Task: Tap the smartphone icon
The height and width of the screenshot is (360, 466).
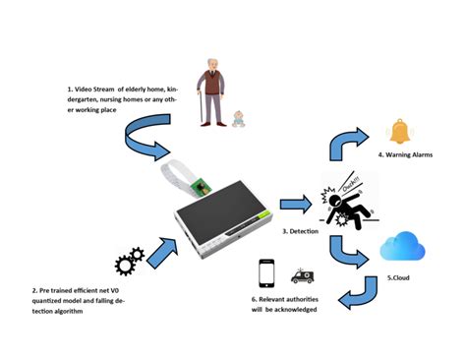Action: (265, 271)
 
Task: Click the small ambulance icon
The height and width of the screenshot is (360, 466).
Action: (299, 277)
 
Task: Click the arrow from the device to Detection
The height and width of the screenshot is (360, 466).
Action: (290, 205)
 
